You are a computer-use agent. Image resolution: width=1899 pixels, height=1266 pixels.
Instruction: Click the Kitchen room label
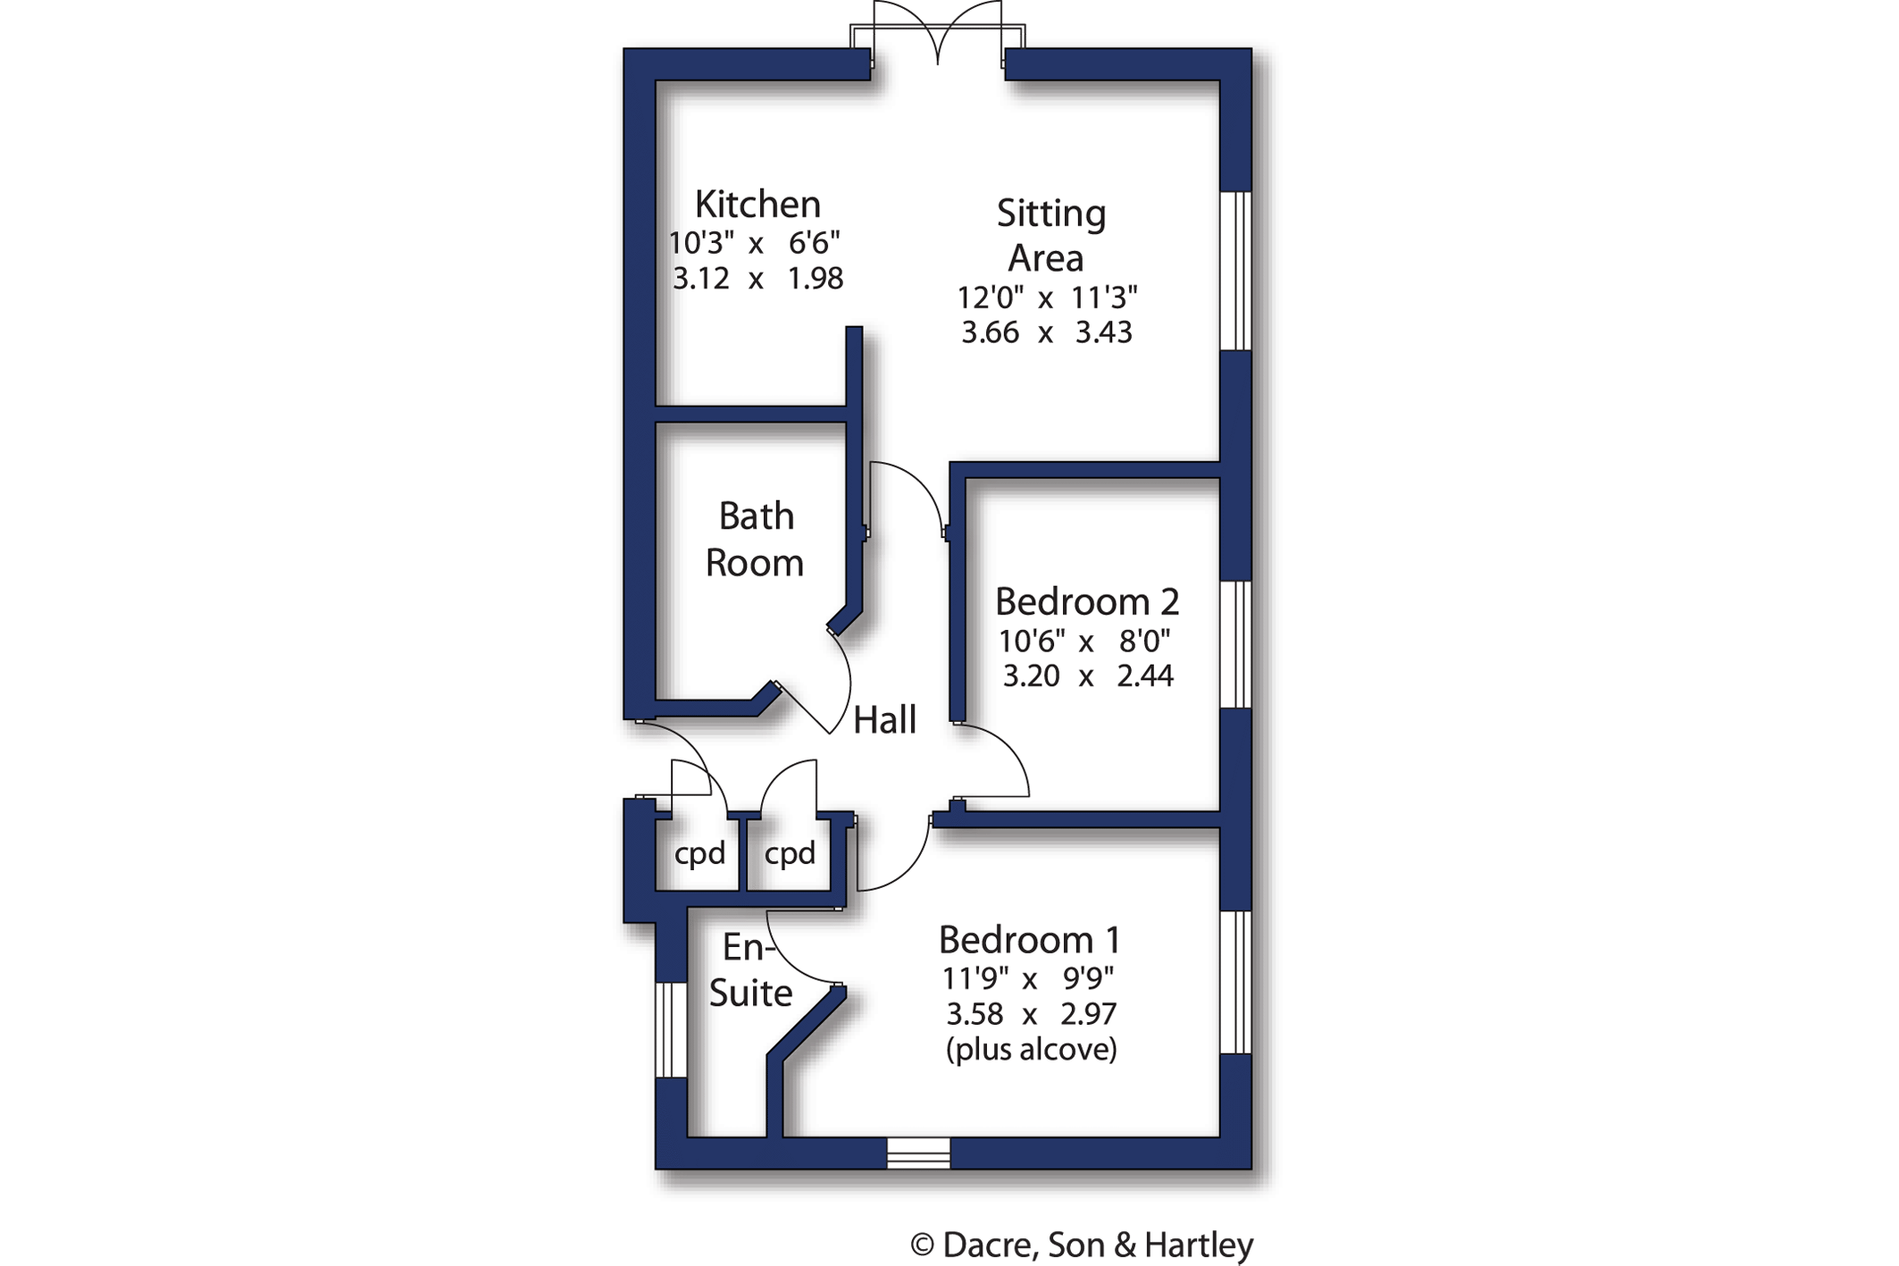tap(757, 205)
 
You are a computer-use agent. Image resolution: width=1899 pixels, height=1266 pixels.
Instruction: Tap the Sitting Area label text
tap(1050, 236)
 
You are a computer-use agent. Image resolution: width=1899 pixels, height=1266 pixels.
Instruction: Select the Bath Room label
tap(755, 540)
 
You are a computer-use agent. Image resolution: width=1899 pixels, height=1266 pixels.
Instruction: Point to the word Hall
tap(884, 720)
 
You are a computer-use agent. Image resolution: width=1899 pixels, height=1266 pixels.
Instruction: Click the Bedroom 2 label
tap(1086, 602)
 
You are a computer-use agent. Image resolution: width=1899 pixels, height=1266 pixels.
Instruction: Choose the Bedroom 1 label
tap(1029, 940)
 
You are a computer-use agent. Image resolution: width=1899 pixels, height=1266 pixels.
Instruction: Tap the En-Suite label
tap(749, 970)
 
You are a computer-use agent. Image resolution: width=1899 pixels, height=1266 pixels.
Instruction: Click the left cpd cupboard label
tap(699, 854)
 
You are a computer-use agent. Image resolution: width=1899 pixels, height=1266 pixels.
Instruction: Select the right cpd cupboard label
tap(790, 854)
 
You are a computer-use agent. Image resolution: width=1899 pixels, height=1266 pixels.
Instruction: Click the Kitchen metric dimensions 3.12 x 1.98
tap(757, 279)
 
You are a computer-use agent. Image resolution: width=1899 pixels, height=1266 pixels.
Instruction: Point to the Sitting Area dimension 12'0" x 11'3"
tap(1047, 298)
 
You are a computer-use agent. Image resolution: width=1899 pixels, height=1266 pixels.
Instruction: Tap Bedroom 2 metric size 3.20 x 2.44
tap(1087, 675)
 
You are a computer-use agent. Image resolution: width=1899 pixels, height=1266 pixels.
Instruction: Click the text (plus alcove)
tap(1031, 1049)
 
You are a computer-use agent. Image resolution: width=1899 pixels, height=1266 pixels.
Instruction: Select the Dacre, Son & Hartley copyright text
tap(1082, 1245)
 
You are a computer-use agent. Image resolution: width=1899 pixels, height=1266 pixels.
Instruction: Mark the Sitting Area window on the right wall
tap(1235, 271)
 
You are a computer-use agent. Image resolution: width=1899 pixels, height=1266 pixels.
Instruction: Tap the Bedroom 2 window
tap(1235, 644)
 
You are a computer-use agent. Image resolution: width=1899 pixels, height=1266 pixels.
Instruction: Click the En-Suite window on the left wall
tap(671, 1030)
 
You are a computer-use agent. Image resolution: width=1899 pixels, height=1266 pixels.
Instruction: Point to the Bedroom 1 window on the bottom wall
tap(918, 1153)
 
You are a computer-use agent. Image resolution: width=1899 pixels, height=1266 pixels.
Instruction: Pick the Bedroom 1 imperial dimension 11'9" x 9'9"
tap(1028, 979)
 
